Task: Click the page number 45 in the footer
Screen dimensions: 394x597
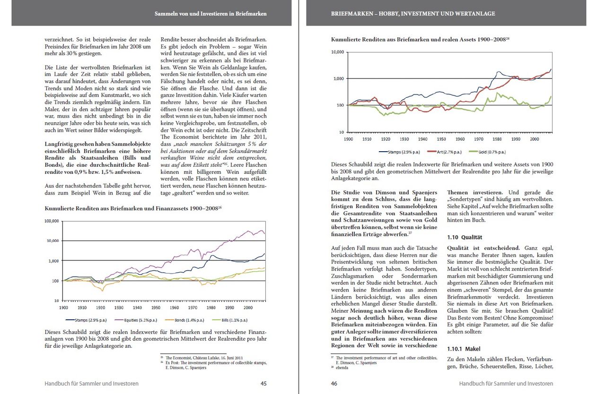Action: [x=263, y=384]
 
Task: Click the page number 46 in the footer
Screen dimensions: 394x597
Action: [x=334, y=384]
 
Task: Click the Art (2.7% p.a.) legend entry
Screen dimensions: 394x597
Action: [x=442, y=152]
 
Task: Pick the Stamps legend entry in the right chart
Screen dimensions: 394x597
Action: [x=398, y=152]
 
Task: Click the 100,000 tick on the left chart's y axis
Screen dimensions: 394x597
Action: [x=52, y=221]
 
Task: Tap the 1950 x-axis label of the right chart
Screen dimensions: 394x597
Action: [x=441, y=139]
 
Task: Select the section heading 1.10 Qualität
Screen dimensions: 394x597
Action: [x=465, y=237]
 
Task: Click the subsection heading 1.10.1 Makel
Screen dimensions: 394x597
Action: [x=463, y=349]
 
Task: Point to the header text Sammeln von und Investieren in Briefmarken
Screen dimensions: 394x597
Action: [x=211, y=14]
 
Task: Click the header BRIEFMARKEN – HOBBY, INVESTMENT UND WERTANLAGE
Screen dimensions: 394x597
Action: [x=413, y=14]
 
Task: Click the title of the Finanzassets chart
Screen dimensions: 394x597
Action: [x=133, y=208]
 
